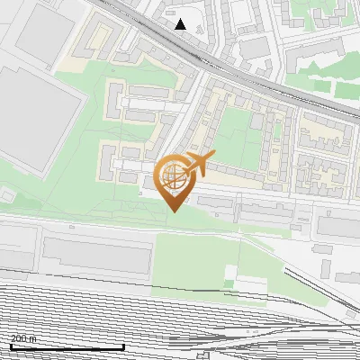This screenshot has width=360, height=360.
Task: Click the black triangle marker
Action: tap(181, 24)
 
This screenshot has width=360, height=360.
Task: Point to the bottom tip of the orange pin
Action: tap(172, 211)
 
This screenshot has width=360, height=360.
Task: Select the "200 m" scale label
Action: tap(24, 338)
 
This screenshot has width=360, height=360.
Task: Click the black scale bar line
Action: tap(67, 346)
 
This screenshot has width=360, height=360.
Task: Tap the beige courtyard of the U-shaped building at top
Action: tap(94, 45)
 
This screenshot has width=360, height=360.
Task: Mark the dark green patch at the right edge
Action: tap(346, 85)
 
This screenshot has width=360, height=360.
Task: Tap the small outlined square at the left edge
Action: tap(6, 193)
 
